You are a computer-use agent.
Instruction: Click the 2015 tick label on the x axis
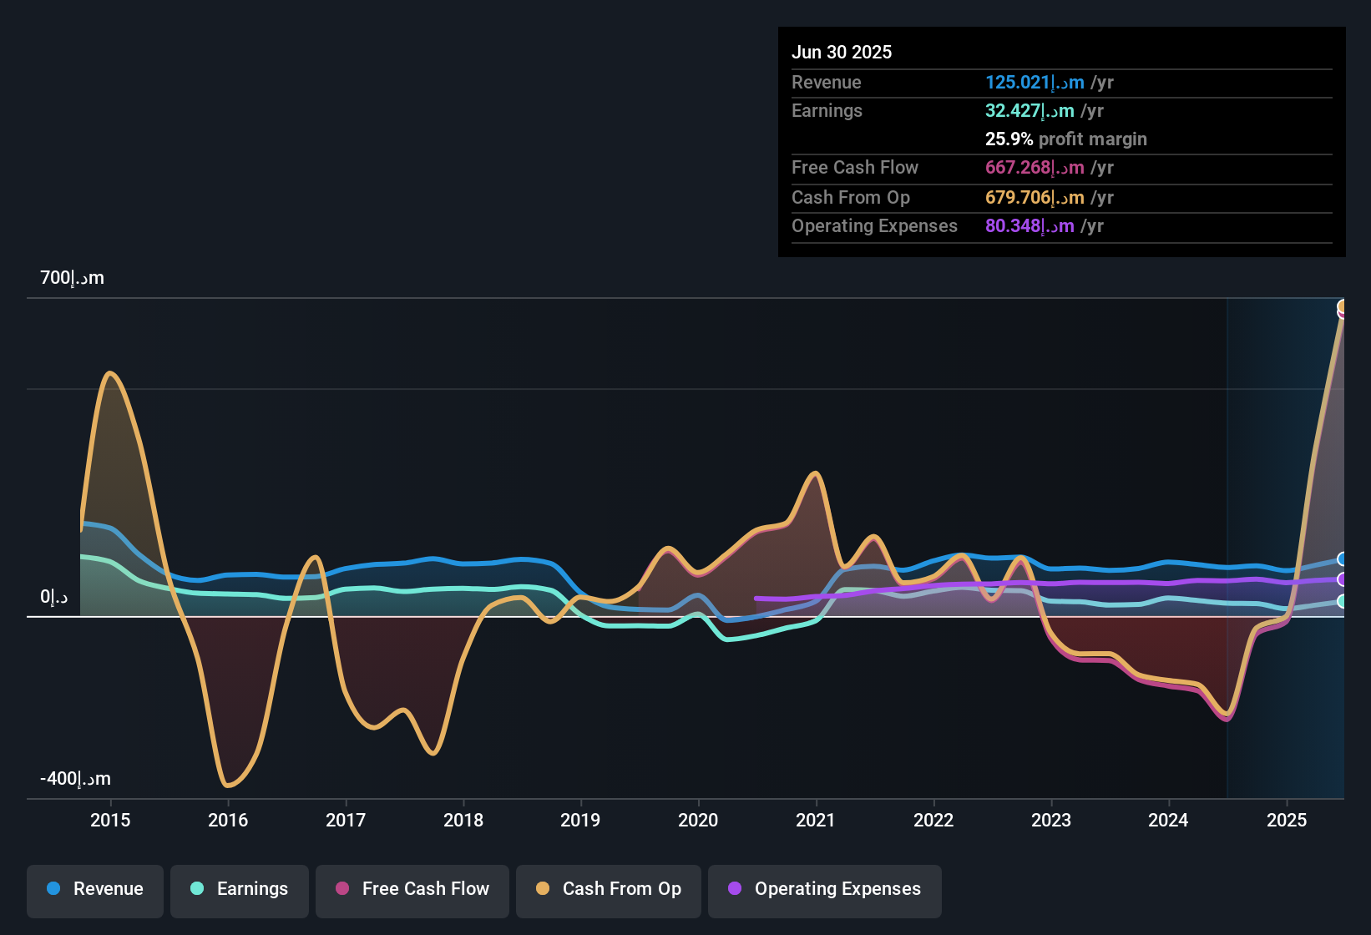click(110, 820)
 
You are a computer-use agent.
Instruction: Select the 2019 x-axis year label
click(580, 820)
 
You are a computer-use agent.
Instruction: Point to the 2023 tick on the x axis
click(1051, 820)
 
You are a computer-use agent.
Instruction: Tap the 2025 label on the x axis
click(1287, 820)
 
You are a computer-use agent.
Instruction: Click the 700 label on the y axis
click(72, 278)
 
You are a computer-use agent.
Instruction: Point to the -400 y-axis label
click(75, 779)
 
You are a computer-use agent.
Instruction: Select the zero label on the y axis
click(53, 597)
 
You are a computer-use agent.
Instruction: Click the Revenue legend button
click(95, 889)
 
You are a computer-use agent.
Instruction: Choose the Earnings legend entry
click(240, 889)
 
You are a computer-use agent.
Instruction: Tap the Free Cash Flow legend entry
click(412, 889)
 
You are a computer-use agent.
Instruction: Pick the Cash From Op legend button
click(609, 889)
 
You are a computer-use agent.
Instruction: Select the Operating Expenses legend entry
click(825, 889)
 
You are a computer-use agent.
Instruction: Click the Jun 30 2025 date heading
click(842, 52)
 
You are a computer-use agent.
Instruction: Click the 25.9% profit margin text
click(1065, 139)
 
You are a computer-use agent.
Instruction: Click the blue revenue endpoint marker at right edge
click(1342, 558)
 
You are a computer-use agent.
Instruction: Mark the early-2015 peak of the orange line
click(110, 372)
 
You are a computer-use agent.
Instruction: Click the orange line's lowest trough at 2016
click(228, 786)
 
